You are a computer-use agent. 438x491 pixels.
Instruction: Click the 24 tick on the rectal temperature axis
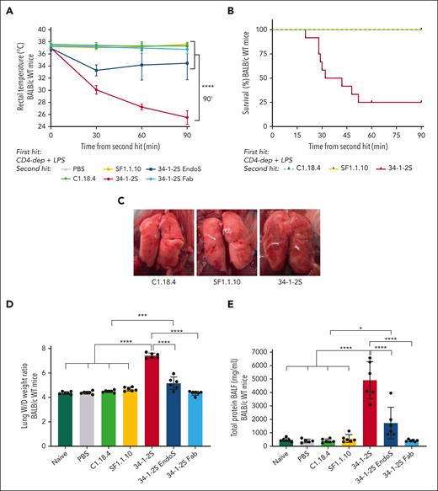(x=42, y=126)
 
